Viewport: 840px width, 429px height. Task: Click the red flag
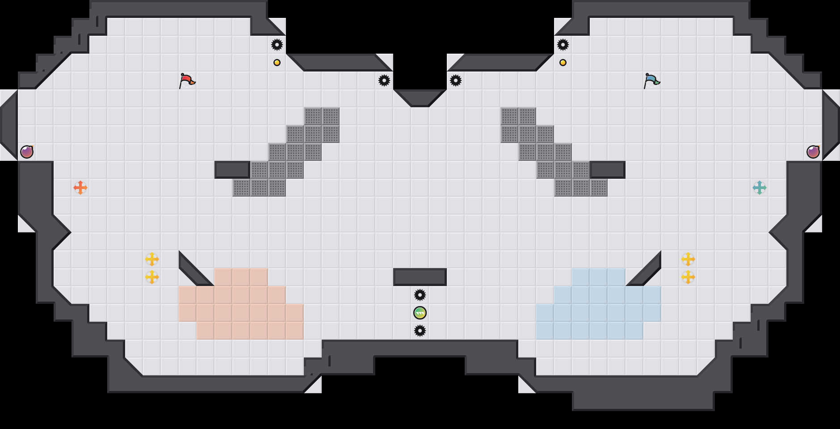187,80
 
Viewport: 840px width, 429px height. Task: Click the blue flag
651,80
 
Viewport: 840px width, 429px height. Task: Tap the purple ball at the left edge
27,152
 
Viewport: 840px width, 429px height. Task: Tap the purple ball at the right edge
813,152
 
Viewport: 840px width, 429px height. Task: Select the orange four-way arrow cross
80,188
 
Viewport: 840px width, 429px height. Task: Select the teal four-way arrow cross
760,188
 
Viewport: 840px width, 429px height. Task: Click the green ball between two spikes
420,313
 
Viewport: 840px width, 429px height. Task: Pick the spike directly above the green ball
420,295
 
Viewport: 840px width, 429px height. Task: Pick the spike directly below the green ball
420,331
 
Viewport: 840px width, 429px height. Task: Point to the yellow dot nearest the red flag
277,63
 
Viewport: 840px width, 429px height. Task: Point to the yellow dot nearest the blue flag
563,63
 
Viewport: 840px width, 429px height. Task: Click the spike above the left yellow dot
277,45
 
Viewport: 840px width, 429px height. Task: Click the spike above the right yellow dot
563,45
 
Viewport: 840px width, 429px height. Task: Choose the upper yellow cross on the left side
152,259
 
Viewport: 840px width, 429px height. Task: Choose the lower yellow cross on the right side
688,277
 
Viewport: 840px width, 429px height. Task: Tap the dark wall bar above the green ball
420,277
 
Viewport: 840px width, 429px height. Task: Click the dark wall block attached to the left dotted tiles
232,170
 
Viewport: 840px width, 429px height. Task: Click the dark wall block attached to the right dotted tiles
608,170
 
